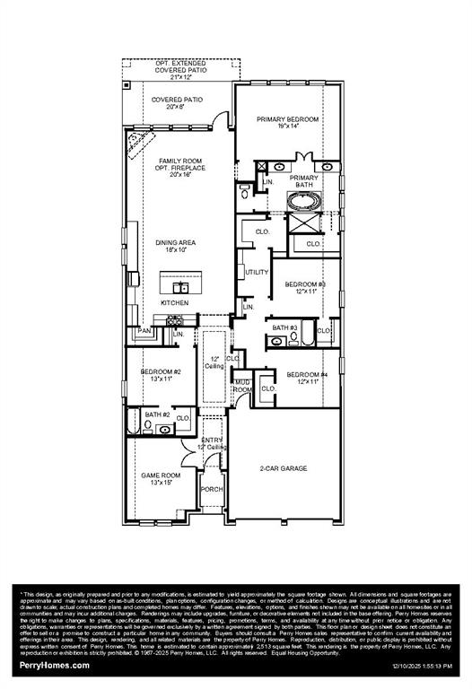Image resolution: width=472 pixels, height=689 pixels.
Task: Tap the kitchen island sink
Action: tap(180, 287)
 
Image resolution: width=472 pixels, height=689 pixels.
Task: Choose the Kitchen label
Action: tap(175, 303)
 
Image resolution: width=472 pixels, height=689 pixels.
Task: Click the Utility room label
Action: tap(257, 272)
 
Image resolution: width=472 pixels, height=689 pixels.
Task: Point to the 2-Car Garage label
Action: tap(284, 468)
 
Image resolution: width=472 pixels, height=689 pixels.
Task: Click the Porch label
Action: tap(212, 489)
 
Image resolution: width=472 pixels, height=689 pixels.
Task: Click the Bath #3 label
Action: tap(285, 328)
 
